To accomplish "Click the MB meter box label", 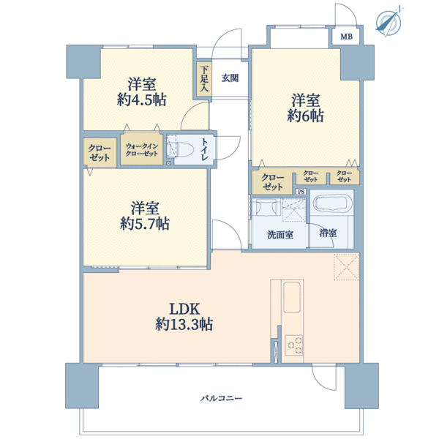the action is [x=346, y=37].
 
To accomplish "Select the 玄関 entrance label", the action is [x=230, y=78].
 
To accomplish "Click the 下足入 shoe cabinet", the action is [x=204, y=79].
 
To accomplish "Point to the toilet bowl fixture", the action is [x=181, y=149].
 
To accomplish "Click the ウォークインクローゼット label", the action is [x=142, y=150].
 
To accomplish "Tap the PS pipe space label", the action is [x=301, y=192].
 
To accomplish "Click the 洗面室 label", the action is [x=280, y=235].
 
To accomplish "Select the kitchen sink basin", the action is [x=292, y=297].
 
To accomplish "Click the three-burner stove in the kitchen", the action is [x=293, y=345].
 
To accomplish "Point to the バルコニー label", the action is [x=221, y=398].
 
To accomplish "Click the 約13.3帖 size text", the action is [x=184, y=325].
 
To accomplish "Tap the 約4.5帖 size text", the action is [x=142, y=100].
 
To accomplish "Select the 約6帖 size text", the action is [x=305, y=116].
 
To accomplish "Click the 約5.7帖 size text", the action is [x=145, y=224].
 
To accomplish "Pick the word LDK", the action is [x=184, y=309].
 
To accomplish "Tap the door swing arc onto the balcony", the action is [x=321, y=380].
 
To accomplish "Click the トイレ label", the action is [x=204, y=149].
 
